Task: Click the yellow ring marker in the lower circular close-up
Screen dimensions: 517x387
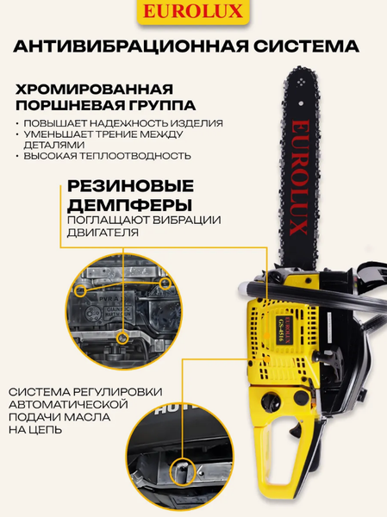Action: coord(183,470)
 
